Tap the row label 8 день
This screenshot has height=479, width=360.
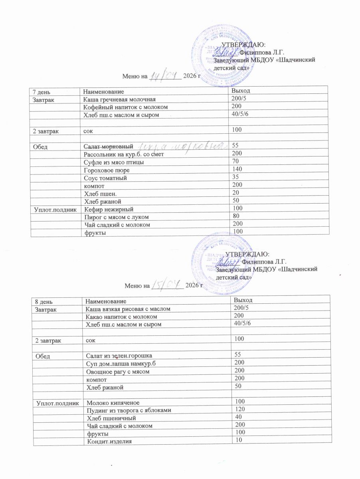(44, 301)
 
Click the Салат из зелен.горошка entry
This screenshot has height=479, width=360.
(119, 355)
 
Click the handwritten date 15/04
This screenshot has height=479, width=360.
(167, 285)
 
